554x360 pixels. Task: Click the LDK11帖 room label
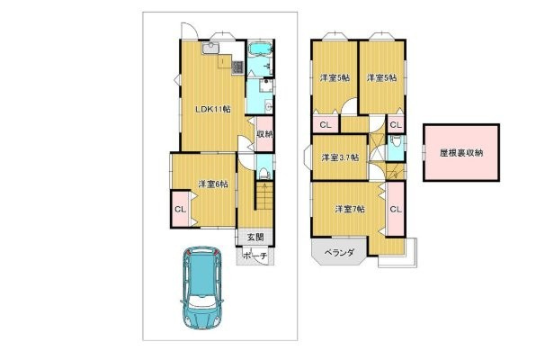(213, 109)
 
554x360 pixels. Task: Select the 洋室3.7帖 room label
(341, 157)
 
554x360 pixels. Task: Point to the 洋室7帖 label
(350, 210)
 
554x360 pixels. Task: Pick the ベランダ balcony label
(338, 253)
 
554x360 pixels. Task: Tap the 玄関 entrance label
(255, 238)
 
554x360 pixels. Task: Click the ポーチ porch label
(255, 255)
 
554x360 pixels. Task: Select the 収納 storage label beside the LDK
(264, 135)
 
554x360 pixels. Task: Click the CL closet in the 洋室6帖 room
(180, 210)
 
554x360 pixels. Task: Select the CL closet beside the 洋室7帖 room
(395, 210)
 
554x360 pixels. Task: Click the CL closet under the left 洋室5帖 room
(325, 124)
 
